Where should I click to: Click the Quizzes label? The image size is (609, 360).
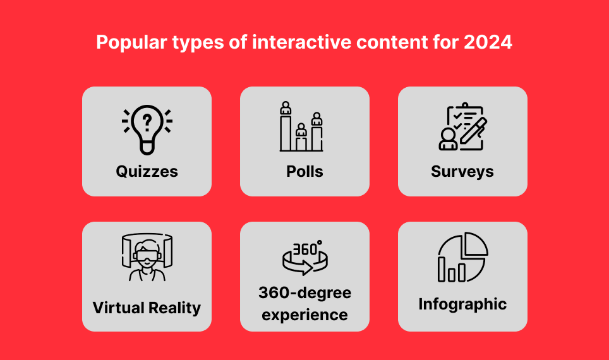[x=147, y=172]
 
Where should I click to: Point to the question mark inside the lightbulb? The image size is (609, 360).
[x=147, y=122]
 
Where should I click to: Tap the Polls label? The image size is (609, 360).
[x=304, y=171]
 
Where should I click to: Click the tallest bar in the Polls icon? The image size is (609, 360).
[x=286, y=133]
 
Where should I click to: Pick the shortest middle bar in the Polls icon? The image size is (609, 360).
[x=301, y=144]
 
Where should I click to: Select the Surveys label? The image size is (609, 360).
[x=462, y=172]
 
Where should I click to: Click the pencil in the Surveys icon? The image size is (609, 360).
[x=473, y=131]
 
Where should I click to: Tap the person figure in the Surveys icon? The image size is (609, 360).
[x=448, y=139]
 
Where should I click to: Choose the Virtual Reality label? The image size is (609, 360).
[x=147, y=308]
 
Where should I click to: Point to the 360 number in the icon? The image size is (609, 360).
[x=304, y=249]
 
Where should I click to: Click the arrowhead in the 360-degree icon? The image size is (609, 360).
[x=307, y=268]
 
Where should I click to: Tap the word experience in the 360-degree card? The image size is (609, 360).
[x=304, y=315]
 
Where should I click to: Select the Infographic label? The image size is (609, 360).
[x=462, y=304]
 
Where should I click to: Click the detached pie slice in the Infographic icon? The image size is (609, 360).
[x=474, y=244]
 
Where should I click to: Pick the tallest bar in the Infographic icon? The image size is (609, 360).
[x=442, y=269]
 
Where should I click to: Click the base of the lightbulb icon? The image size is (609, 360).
[x=147, y=148]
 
